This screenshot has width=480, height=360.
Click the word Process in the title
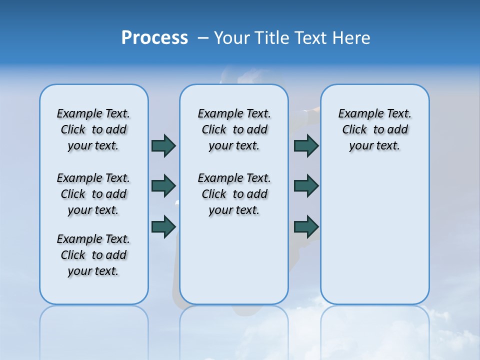(x=154, y=38)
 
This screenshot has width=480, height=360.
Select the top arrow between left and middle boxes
(x=163, y=145)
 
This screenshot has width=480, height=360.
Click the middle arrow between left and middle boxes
(x=163, y=186)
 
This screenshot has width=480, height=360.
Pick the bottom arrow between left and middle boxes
(x=163, y=226)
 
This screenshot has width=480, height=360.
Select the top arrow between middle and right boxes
(x=306, y=145)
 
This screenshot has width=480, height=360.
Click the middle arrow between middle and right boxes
(x=306, y=186)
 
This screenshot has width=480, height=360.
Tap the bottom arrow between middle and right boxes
(x=306, y=226)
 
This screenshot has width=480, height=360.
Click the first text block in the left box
(x=93, y=129)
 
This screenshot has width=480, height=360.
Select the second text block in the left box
(x=93, y=194)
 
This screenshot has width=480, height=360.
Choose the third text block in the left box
(x=93, y=255)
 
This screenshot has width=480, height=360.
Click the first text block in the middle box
(x=234, y=129)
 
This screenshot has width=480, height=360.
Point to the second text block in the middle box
(x=234, y=194)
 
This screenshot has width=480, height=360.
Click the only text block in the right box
(x=374, y=129)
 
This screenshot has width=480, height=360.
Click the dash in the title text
(x=203, y=38)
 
